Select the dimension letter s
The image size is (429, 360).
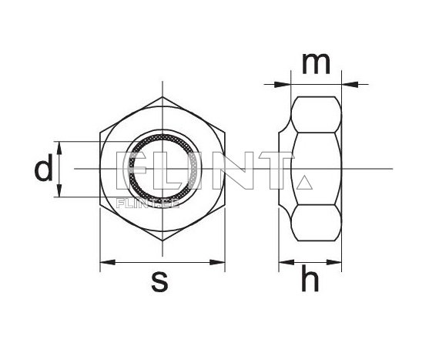point(159,282)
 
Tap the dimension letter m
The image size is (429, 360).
point(313,65)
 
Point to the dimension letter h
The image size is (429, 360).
point(310,281)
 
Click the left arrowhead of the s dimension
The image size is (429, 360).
point(106,263)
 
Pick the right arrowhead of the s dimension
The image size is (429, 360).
point(221,263)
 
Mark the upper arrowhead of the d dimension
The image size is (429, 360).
point(60,146)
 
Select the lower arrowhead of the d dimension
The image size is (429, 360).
point(60,192)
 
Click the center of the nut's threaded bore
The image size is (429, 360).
point(163,169)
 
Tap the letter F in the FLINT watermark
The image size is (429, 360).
point(124,170)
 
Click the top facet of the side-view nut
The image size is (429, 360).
point(317,113)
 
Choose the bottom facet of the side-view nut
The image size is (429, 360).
point(317,224)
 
